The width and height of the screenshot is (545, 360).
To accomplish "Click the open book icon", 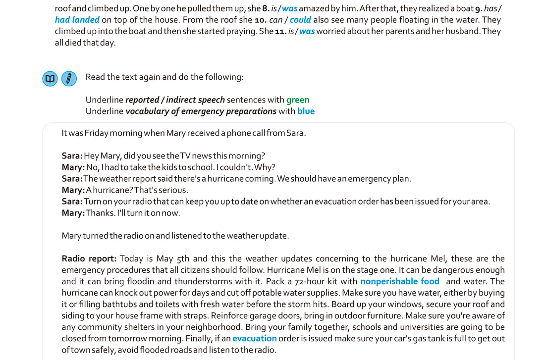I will pos(50,78).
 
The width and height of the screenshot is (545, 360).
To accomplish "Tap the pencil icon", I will pos(69,78).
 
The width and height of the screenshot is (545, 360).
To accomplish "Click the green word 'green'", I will pos(298,100).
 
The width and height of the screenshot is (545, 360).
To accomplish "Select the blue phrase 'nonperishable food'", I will pos(400,281).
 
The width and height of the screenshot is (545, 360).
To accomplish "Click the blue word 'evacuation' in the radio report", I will pos(255,338).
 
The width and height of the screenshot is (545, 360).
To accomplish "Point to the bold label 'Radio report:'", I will pos(89,258).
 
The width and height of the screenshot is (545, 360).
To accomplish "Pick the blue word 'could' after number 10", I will pos(300,20).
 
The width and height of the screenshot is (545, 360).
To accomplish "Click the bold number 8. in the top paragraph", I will pos(266,8).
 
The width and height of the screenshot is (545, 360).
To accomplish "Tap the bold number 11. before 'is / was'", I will pos(280,31).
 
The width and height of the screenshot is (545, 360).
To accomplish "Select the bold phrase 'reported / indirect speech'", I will pos(175,100).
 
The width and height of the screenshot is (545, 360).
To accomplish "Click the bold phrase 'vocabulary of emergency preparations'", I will pos(201,111).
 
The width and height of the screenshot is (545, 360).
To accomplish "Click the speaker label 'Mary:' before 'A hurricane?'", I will pos(73,190).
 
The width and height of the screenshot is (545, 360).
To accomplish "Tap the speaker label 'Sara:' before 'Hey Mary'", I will pos(72,155).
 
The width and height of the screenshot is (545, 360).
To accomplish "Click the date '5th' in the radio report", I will pos(183,258).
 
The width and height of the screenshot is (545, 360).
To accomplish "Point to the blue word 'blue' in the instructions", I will pos(306,111).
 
